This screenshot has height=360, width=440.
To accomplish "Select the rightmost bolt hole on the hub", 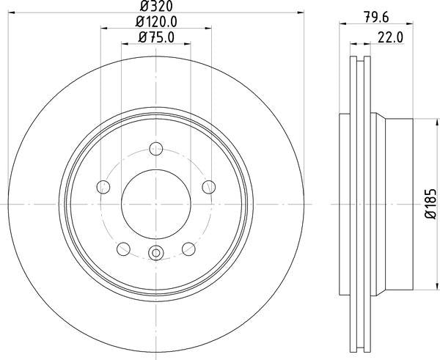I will point(208,186).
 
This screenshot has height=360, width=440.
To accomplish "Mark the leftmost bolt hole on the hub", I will point(103,186).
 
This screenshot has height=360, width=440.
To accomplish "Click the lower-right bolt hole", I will point(188,247).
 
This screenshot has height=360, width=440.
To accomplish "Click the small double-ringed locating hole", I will point(155,254).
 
